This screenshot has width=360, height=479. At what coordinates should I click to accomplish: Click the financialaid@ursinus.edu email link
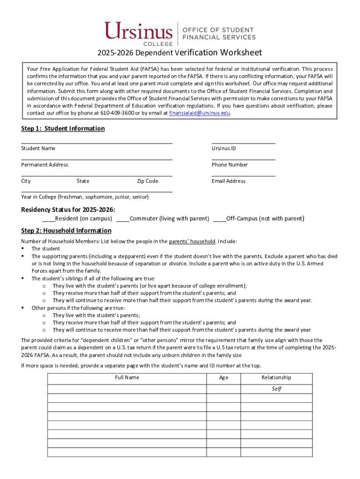click(200, 113)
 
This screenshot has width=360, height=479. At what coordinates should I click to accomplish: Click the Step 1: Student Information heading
click(63, 129)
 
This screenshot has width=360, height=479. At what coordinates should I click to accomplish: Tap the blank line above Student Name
click(96, 142)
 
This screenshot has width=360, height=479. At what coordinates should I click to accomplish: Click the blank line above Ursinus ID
click(243, 142)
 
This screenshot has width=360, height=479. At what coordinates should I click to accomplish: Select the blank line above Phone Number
click(243, 159)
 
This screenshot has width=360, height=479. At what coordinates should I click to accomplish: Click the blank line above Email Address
click(243, 175)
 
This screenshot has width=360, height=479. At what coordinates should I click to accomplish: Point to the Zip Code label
click(147, 181)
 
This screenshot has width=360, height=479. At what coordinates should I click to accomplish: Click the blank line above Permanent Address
click(96, 159)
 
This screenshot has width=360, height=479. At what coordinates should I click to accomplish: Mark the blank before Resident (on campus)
click(48, 219)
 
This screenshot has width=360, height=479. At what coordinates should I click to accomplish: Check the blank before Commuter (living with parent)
click(122, 219)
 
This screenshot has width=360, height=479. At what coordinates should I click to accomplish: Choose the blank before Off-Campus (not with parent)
click(220, 219)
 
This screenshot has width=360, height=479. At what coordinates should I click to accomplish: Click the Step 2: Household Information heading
click(66, 231)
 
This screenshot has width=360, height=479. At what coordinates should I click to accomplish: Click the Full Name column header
click(127, 377)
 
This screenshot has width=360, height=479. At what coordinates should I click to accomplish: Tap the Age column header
click(223, 377)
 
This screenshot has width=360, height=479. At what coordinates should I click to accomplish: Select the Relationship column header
click(276, 377)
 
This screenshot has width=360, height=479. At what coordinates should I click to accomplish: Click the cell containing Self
click(276, 389)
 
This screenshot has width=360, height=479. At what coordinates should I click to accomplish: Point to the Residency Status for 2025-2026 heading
click(68, 209)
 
